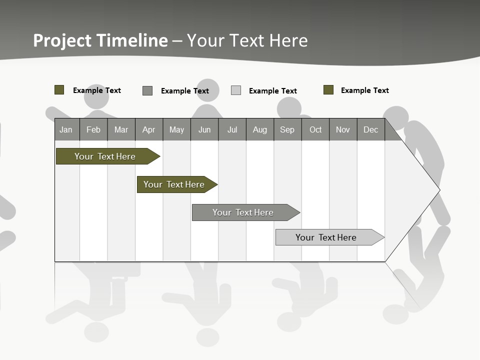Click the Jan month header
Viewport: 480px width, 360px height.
point(66,129)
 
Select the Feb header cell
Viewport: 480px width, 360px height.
point(93,129)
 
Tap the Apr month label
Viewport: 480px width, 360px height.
point(148,129)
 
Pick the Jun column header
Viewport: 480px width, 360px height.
point(204,129)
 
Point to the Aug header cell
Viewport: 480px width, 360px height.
point(259,129)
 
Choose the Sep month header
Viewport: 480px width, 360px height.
point(287,129)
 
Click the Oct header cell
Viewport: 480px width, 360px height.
point(315,129)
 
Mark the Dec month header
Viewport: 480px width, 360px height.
point(370,129)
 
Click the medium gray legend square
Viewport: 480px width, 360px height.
point(147,90)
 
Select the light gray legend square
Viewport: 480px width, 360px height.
point(236,90)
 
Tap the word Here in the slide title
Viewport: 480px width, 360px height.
point(288,40)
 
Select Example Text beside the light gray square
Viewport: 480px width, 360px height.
point(273,91)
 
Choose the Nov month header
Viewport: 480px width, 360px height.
point(343,129)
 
